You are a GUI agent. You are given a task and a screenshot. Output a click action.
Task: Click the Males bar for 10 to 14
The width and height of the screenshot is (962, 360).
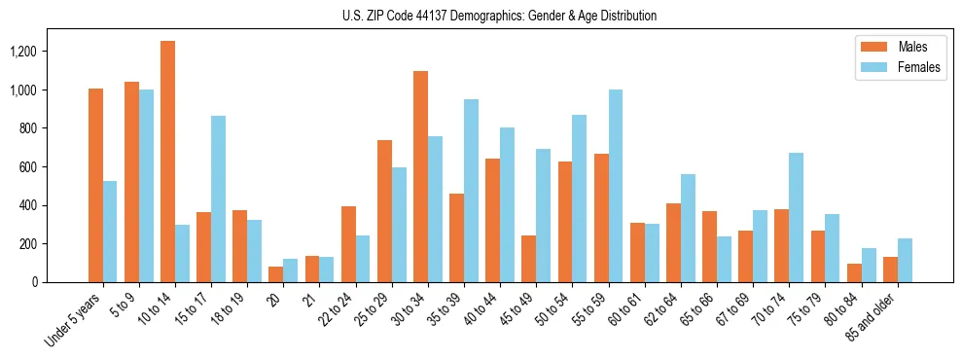pos(167,162)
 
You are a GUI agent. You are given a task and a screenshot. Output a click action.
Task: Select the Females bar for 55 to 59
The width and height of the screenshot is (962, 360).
pos(616,186)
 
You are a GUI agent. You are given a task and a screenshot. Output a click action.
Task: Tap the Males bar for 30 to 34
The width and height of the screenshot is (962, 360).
pos(420,176)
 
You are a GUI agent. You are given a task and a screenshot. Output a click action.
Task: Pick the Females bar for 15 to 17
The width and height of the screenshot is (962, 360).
pos(218,199)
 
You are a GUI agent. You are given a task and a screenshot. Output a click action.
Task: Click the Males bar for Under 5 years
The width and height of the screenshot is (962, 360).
pos(95,185)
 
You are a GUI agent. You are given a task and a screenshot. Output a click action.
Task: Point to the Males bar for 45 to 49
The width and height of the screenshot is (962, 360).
pos(528,259)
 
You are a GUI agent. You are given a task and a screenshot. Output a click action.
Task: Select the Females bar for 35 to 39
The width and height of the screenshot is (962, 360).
pos(471,191)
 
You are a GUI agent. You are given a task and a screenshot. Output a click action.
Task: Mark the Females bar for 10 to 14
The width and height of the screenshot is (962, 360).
pos(182,253)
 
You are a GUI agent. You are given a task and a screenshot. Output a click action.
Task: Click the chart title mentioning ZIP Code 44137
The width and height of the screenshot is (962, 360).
pos(499,16)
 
